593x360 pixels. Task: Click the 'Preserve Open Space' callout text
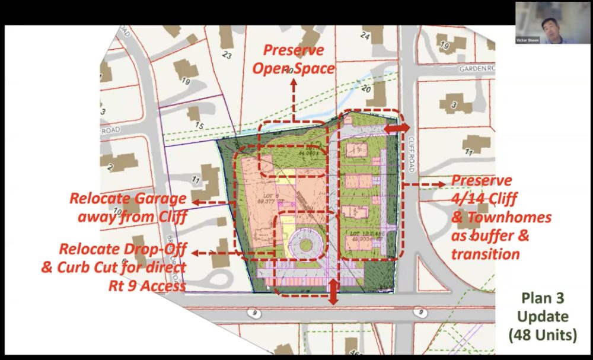(294, 59)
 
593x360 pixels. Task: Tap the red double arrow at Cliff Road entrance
(397, 128)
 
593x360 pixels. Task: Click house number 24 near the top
(365, 37)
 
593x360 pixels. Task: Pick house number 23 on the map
(227, 55)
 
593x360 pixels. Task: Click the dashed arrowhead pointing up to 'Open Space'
(294, 82)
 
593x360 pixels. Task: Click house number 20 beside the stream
(365, 89)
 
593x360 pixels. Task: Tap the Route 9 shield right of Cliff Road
(420, 310)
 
